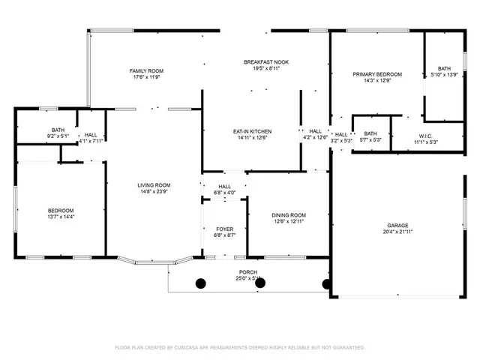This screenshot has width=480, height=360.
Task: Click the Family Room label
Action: point(146,71)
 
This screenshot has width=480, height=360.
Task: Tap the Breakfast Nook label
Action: point(266,62)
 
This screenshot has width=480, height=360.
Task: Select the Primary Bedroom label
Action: point(377,74)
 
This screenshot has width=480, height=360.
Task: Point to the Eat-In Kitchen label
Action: point(252,131)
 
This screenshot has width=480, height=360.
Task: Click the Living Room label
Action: point(154,185)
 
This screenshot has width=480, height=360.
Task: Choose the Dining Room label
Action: point(289,215)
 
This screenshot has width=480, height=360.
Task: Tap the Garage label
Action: point(397,225)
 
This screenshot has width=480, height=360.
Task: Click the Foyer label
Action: point(225,229)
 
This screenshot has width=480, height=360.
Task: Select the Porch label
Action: point(248,272)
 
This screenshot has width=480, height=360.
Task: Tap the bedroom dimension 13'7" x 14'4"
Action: point(61,217)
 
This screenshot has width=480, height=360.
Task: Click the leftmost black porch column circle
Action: point(201,283)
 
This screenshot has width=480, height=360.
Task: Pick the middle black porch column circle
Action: point(263,284)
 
